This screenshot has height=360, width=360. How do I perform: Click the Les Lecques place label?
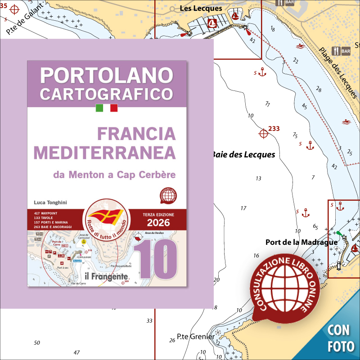click(x=201, y=8)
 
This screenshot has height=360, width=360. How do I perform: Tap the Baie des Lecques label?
click(x=243, y=155)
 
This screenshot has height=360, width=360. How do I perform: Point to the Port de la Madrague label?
click(x=301, y=242)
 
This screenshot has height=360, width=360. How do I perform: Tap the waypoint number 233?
click(x=274, y=129)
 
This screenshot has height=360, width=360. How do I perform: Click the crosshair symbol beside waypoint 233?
click(x=263, y=133)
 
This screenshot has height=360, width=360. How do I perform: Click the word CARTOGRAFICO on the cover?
click(x=107, y=94)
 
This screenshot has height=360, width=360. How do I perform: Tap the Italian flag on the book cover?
click(x=107, y=108)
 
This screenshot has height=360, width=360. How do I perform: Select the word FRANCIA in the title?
click(x=136, y=134)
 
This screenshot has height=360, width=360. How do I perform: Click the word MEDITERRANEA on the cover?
click(x=105, y=153)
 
